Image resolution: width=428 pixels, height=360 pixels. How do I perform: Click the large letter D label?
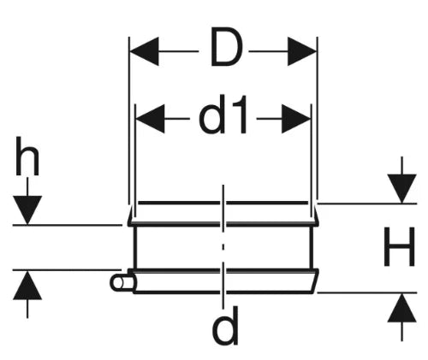pos(226,46)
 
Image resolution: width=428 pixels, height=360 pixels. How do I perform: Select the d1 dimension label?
pos(223,115)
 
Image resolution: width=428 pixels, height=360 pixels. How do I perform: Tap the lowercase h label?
pos(27,156)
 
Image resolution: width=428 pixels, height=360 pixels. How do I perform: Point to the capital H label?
pos(399,246)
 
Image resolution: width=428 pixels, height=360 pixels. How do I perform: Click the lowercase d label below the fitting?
pos(225,326)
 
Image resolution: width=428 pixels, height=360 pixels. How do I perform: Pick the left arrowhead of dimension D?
pos(144,51)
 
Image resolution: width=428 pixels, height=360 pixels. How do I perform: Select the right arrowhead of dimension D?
pos(302,51)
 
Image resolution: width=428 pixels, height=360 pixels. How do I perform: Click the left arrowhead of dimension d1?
pos(150,119)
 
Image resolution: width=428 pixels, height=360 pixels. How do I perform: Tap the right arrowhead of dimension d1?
pos(296,119)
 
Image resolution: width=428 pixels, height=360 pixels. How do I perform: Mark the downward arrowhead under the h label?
pos(27,210)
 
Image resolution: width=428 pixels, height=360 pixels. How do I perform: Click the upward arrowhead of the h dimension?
pos(27,286)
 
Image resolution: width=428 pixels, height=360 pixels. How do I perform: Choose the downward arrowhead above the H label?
pos(401,189)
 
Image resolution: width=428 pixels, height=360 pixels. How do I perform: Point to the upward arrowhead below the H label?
pos(401,308)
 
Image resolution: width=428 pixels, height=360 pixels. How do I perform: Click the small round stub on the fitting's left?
pos(121,283)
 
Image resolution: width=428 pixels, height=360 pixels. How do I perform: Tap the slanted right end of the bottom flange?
pos(315,280)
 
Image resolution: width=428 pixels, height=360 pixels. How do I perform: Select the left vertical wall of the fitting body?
pos(135,247)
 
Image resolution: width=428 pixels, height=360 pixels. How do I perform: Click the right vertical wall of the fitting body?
pos(312,247)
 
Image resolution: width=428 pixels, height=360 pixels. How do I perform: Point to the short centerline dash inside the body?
pos(223,247)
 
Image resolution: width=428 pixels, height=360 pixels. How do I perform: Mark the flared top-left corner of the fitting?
pos(130,216)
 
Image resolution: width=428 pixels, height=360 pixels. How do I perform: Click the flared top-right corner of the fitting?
pos(315,216)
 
